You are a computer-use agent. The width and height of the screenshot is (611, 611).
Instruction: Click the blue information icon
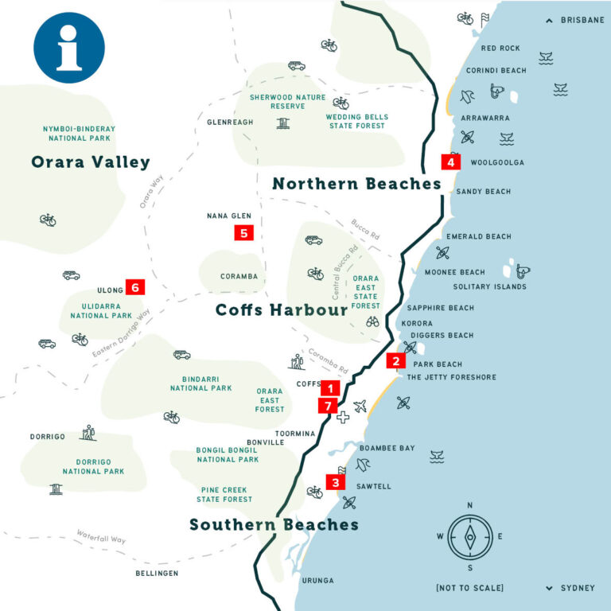pyautogui.click(x=69, y=48)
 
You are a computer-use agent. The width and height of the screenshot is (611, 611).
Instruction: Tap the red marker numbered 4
pyautogui.click(x=451, y=162)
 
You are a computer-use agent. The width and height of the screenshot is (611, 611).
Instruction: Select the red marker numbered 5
pyautogui.click(x=243, y=232)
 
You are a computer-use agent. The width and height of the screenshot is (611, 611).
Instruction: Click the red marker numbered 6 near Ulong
pyautogui.click(x=134, y=287)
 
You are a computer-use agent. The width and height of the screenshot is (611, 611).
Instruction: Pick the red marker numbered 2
pyautogui.click(x=395, y=360)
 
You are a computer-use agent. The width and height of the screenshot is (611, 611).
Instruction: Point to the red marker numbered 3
pyautogui.click(x=336, y=482)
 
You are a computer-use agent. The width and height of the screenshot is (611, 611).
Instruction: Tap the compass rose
pyautogui.click(x=469, y=537)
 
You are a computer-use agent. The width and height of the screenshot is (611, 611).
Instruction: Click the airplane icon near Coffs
pyautogui.click(x=360, y=406)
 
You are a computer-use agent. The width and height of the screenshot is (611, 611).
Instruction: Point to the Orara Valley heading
pyautogui.click(x=90, y=162)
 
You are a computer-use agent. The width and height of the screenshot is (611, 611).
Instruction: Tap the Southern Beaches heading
pyautogui.click(x=274, y=525)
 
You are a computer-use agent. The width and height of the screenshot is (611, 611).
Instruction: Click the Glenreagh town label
pyautogui.click(x=230, y=123)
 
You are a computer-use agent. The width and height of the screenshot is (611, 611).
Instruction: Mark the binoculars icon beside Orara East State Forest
pyautogui.click(x=372, y=322)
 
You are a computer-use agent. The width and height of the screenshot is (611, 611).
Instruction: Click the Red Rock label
pyautogui.click(x=501, y=49)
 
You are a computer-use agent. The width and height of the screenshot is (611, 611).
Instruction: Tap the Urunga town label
pyautogui.click(x=318, y=581)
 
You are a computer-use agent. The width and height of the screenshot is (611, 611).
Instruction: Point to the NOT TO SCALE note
pyautogui.click(x=469, y=588)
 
